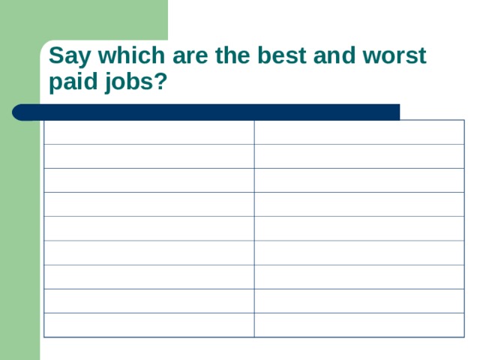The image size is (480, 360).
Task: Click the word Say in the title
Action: pos(65,57)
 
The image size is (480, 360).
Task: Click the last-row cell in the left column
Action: pos(148,325)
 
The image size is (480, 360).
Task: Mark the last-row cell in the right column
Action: pos(358,325)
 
